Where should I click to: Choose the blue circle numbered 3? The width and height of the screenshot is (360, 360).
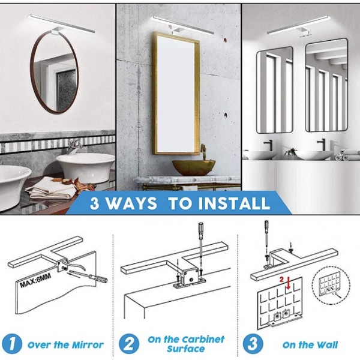tap(253, 344)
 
